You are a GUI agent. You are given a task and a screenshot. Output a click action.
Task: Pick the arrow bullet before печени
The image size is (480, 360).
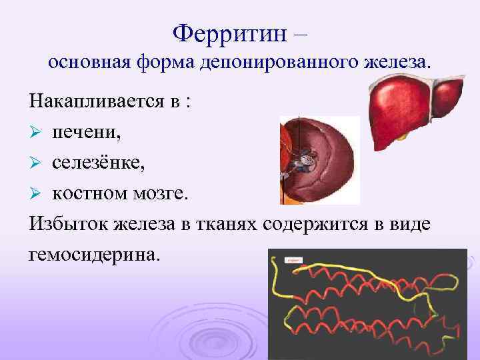36,133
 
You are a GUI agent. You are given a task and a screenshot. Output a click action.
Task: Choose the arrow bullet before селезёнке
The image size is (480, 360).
36,163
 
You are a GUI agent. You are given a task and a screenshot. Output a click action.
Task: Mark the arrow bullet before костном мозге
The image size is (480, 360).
36,193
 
